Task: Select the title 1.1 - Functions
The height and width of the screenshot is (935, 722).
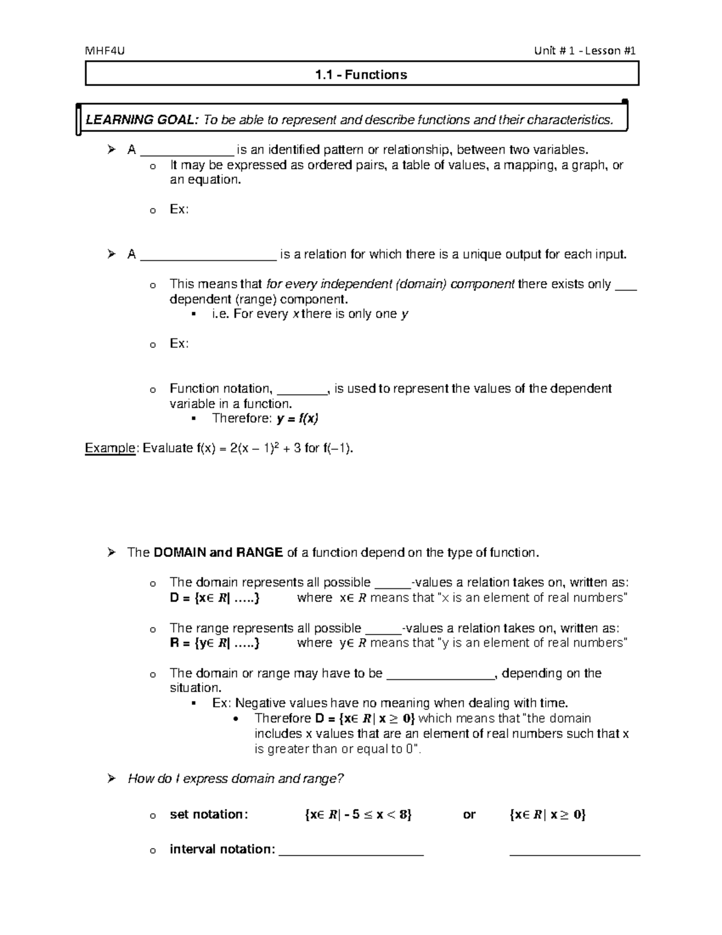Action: click(361, 75)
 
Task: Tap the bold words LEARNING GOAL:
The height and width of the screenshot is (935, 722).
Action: click(141, 120)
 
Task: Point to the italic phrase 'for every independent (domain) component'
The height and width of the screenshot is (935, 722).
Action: click(390, 284)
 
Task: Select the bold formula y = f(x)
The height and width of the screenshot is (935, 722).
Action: click(297, 418)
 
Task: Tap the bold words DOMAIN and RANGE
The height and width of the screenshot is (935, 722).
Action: click(218, 553)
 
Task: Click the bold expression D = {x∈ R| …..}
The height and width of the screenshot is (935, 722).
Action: click(215, 598)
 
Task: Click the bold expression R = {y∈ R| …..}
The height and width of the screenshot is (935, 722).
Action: click(215, 643)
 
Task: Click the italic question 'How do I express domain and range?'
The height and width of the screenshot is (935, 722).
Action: click(236, 778)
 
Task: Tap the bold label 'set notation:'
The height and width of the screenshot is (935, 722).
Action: click(208, 815)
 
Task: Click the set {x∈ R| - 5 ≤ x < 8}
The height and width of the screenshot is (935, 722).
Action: click(359, 815)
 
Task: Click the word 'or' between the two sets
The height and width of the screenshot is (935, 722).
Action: click(469, 815)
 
